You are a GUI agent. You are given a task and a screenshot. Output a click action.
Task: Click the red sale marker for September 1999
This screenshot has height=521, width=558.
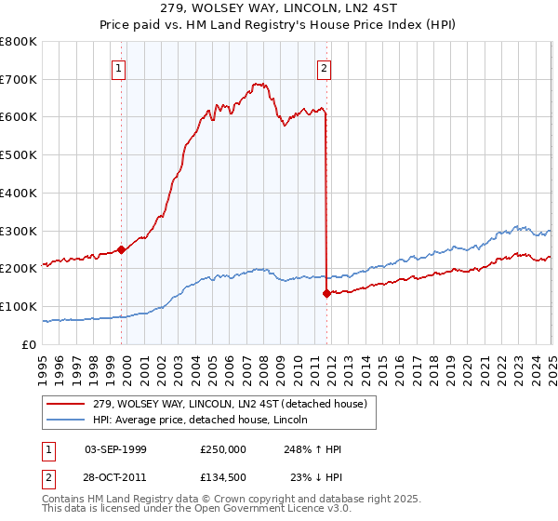(x=122, y=249)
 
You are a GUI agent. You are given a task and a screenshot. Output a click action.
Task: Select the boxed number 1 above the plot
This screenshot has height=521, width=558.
(x=119, y=67)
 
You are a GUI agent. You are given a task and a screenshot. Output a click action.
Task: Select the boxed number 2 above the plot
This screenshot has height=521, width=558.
(x=324, y=67)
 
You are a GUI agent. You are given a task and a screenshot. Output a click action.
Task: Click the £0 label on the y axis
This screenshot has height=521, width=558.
(x=29, y=344)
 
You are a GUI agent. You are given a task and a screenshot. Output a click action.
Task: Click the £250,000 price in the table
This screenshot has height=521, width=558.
(x=222, y=449)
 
